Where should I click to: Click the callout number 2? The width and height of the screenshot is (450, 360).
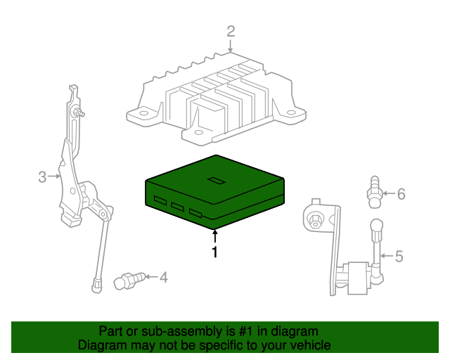(x=231, y=31)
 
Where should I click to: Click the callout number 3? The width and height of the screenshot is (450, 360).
(x=42, y=176)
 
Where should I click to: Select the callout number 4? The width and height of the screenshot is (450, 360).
(x=163, y=277)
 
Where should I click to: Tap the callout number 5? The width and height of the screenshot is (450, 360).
(x=399, y=257)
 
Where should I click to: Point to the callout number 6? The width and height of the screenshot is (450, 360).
(x=401, y=193)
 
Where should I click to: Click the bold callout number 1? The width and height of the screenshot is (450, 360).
(x=215, y=252)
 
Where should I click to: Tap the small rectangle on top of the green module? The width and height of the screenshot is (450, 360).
(x=215, y=181)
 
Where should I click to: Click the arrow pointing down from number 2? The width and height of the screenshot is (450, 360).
(x=231, y=46)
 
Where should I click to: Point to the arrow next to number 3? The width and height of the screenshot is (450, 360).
(x=54, y=176)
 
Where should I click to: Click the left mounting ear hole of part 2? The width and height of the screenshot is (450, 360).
(x=140, y=112)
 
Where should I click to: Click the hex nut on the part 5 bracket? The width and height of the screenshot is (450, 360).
(x=316, y=221)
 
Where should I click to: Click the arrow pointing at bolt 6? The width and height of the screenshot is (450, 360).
(x=388, y=193)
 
